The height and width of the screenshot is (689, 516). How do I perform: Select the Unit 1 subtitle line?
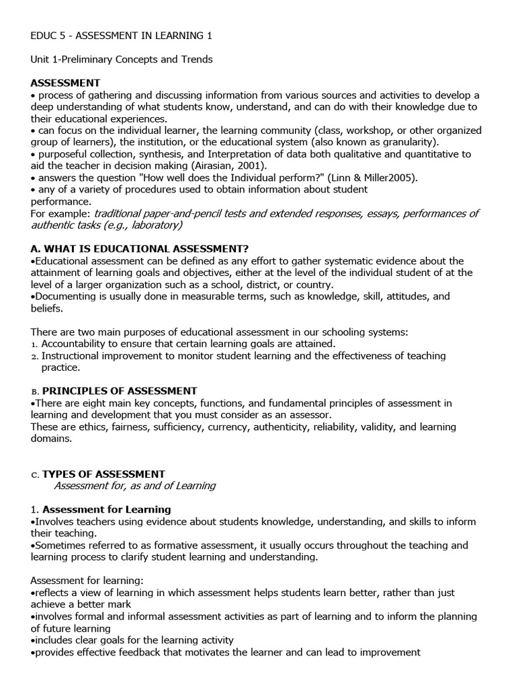tap(122, 59)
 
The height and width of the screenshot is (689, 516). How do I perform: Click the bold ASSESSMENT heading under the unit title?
tap(65, 83)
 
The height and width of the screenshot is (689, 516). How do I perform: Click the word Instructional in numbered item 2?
tap(72, 355)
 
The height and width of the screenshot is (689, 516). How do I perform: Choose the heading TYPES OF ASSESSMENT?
tap(103, 474)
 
